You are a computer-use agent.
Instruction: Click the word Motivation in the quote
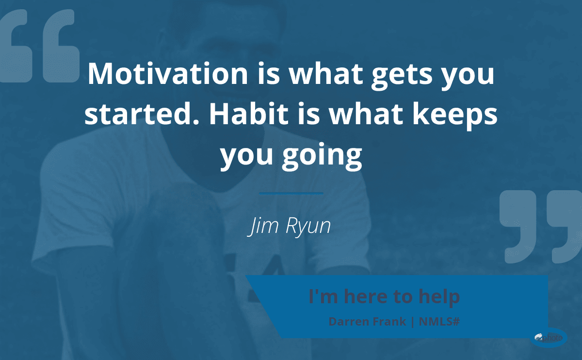pyautogui.click(x=168, y=74)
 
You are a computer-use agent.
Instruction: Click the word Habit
pyautogui.click(x=249, y=114)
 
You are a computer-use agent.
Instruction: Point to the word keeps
pyautogui.click(x=455, y=116)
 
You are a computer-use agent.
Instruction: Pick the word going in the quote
pyautogui.click(x=322, y=156)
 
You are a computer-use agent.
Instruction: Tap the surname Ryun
pyautogui.click(x=308, y=227)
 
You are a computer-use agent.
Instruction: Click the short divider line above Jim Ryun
pyautogui.click(x=291, y=194)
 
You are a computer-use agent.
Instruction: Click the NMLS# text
pyautogui.click(x=439, y=322)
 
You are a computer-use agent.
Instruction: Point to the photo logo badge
pyautogui.click(x=549, y=338)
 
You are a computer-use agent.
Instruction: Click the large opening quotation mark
pyautogui.click(x=40, y=46)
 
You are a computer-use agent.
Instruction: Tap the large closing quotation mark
pyautogui.click(x=541, y=227)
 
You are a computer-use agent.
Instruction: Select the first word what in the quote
pyautogui.click(x=326, y=74)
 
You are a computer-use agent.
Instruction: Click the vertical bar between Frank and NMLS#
pyautogui.click(x=413, y=322)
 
